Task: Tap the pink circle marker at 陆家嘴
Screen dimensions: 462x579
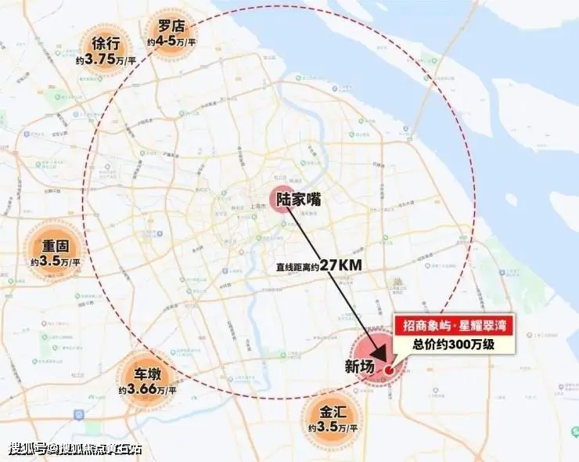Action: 280,200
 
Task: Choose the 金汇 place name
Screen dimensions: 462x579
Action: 333,412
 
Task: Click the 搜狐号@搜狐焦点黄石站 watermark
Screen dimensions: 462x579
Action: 75,449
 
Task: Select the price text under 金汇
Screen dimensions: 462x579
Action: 333,428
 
